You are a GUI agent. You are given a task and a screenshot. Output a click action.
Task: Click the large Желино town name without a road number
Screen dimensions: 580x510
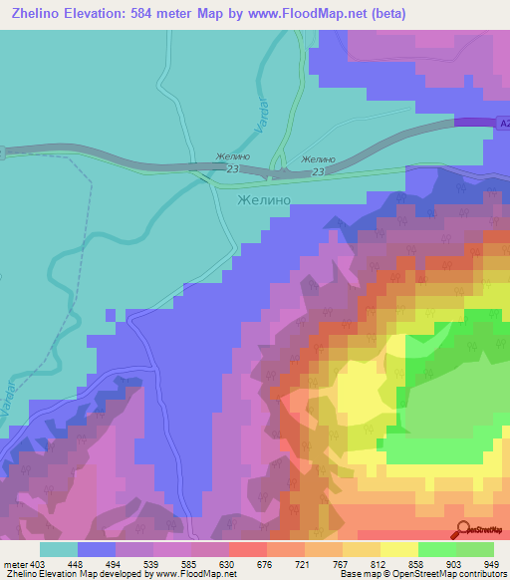pyautogui.click(x=264, y=199)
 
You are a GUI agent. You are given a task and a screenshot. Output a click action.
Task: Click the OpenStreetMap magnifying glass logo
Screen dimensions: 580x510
pyautogui.click(x=463, y=530)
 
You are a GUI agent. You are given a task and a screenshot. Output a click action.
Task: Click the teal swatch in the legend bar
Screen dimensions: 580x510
pyautogui.click(x=59, y=549)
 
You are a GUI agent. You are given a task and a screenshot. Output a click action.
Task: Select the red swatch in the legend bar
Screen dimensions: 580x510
pyautogui.click(x=248, y=549)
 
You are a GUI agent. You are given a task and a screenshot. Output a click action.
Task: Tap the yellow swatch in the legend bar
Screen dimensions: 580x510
pyautogui.click(x=399, y=549)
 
